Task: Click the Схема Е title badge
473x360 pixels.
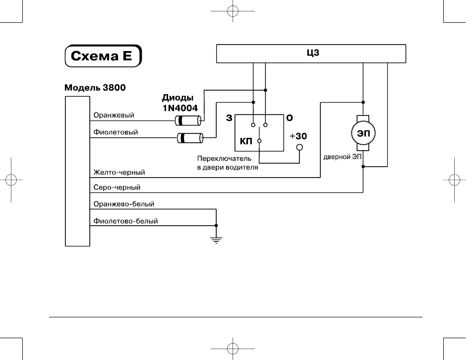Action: pos(103,56)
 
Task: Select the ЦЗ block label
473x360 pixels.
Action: pos(313,53)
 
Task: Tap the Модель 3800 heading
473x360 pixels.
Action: pos(95,87)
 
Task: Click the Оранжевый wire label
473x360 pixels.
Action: pos(114,115)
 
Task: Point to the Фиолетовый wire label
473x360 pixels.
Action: pos(116,132)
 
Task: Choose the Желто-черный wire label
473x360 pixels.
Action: pos(119,172)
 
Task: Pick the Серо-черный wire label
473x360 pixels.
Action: pos(117,187)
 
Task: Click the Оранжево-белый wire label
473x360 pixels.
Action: pos(123,204)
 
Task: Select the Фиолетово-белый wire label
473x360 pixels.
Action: pos(125,221)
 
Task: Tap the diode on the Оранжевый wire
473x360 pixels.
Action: pos(188,120)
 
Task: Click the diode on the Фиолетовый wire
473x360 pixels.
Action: pos(190,138)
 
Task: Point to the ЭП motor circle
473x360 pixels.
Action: pos(363,133)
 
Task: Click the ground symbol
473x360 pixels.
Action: pos(216,240)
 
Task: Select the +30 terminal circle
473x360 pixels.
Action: pos(299,148)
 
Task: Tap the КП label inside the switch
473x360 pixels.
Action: pos(246,141)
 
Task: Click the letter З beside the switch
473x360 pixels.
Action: pos(229,118)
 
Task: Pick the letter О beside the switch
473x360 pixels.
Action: pos(290,118)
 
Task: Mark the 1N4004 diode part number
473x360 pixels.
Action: pos(180,108)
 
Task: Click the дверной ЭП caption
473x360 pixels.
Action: pos(343,157)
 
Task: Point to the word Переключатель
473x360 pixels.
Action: pos(224,159)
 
